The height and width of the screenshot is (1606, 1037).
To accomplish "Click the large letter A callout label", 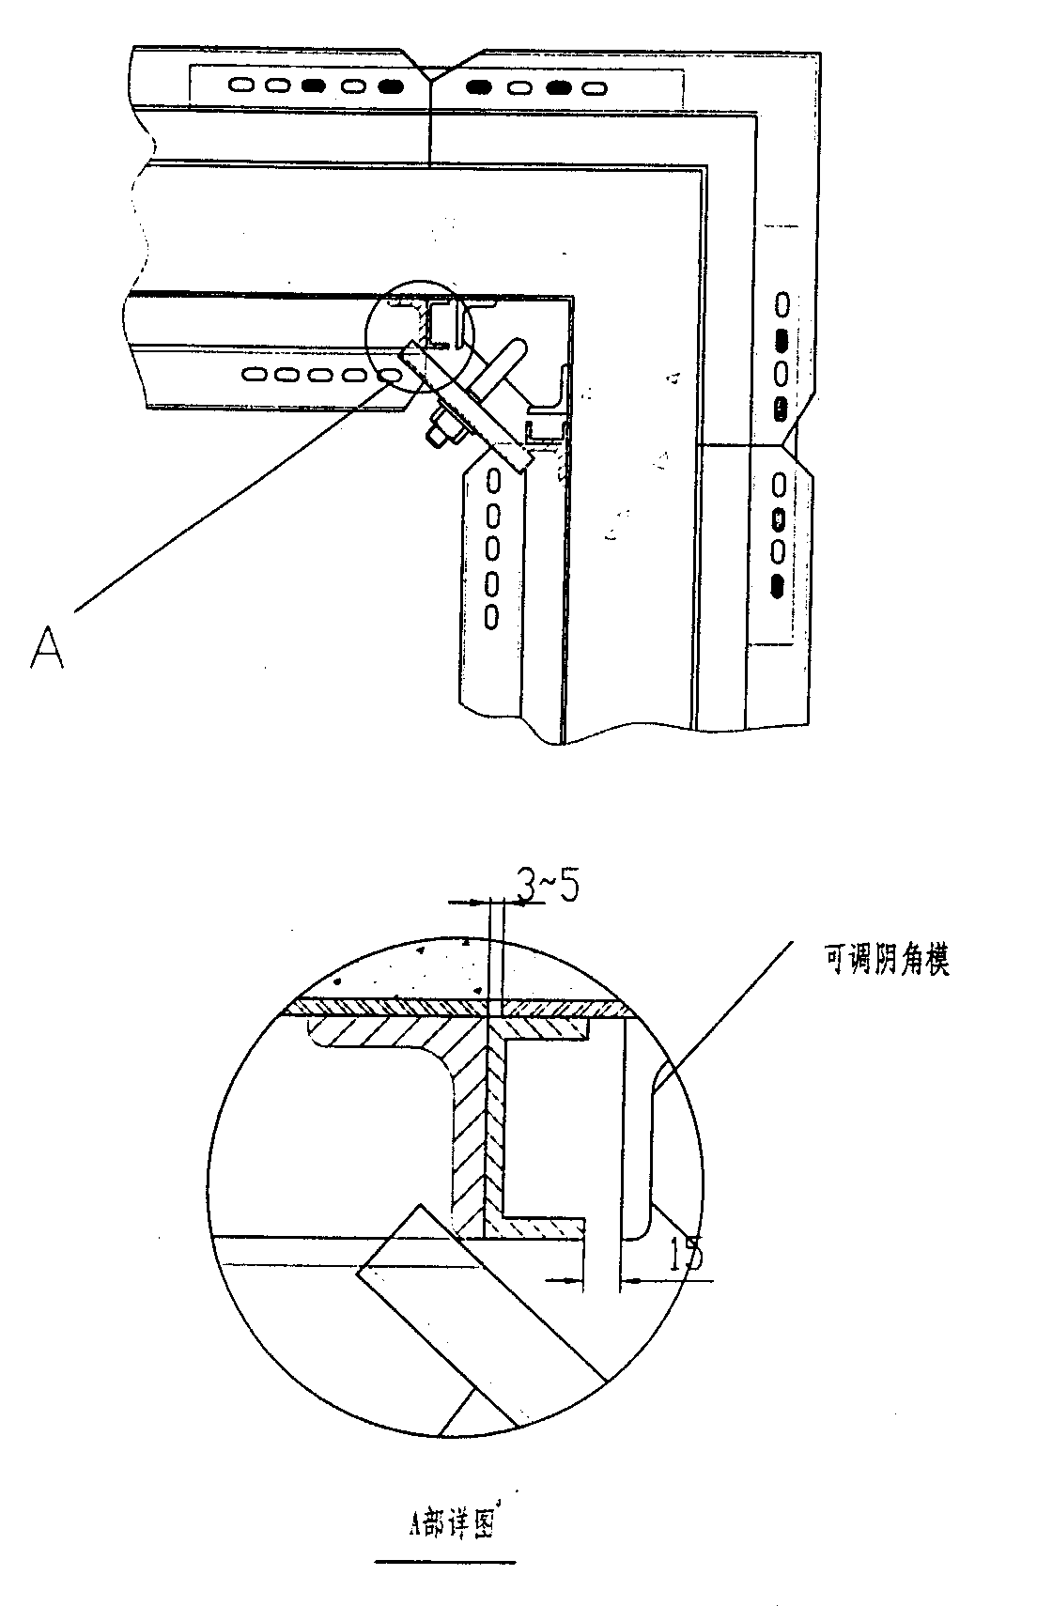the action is (47, 647).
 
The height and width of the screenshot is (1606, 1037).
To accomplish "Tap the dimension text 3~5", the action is (548, 888).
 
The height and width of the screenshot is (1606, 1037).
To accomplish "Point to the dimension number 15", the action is (686, 1255).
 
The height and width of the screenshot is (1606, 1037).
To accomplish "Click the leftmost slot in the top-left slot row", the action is (241, 85).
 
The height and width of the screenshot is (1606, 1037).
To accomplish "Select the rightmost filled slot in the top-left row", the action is (390, 86).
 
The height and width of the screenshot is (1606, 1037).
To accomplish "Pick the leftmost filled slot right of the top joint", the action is (479, 87).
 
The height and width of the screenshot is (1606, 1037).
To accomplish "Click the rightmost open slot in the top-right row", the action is (595, 89).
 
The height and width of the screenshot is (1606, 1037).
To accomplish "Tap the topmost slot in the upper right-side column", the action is (782, 304).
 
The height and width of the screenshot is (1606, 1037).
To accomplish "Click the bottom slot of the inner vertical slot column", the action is (492, 617).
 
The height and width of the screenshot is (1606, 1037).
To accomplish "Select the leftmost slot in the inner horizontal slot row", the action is (254, 374).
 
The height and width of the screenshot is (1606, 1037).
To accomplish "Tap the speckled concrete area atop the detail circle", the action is (454, 969).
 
